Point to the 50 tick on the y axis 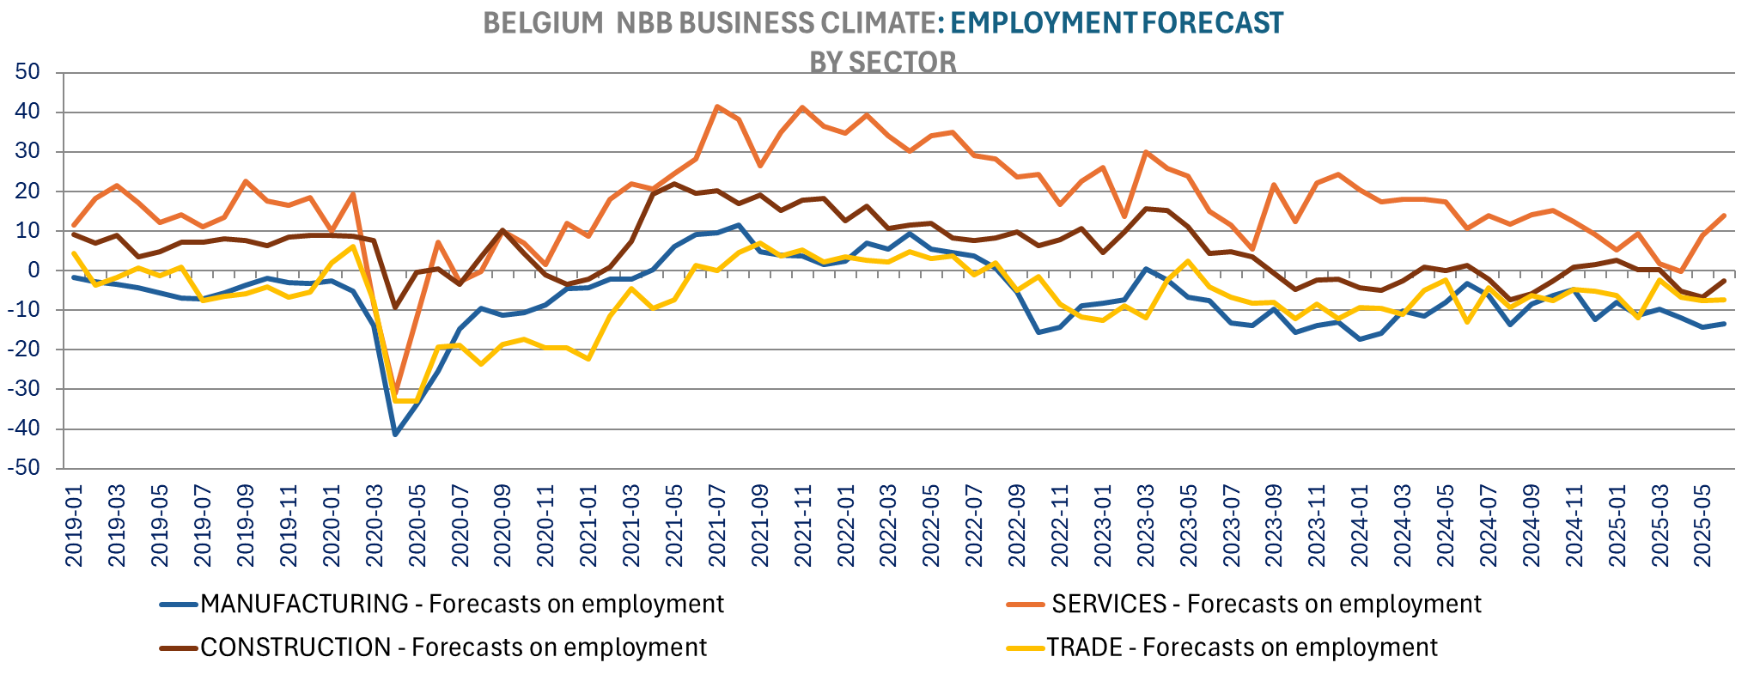point(28,72)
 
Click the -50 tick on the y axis point(24,469)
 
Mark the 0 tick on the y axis point(34,271)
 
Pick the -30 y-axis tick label point(24,390)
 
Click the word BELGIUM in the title point(543,23)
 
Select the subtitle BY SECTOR point(882,62)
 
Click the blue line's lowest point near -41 point(395,435)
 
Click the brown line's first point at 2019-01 point(74,234)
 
